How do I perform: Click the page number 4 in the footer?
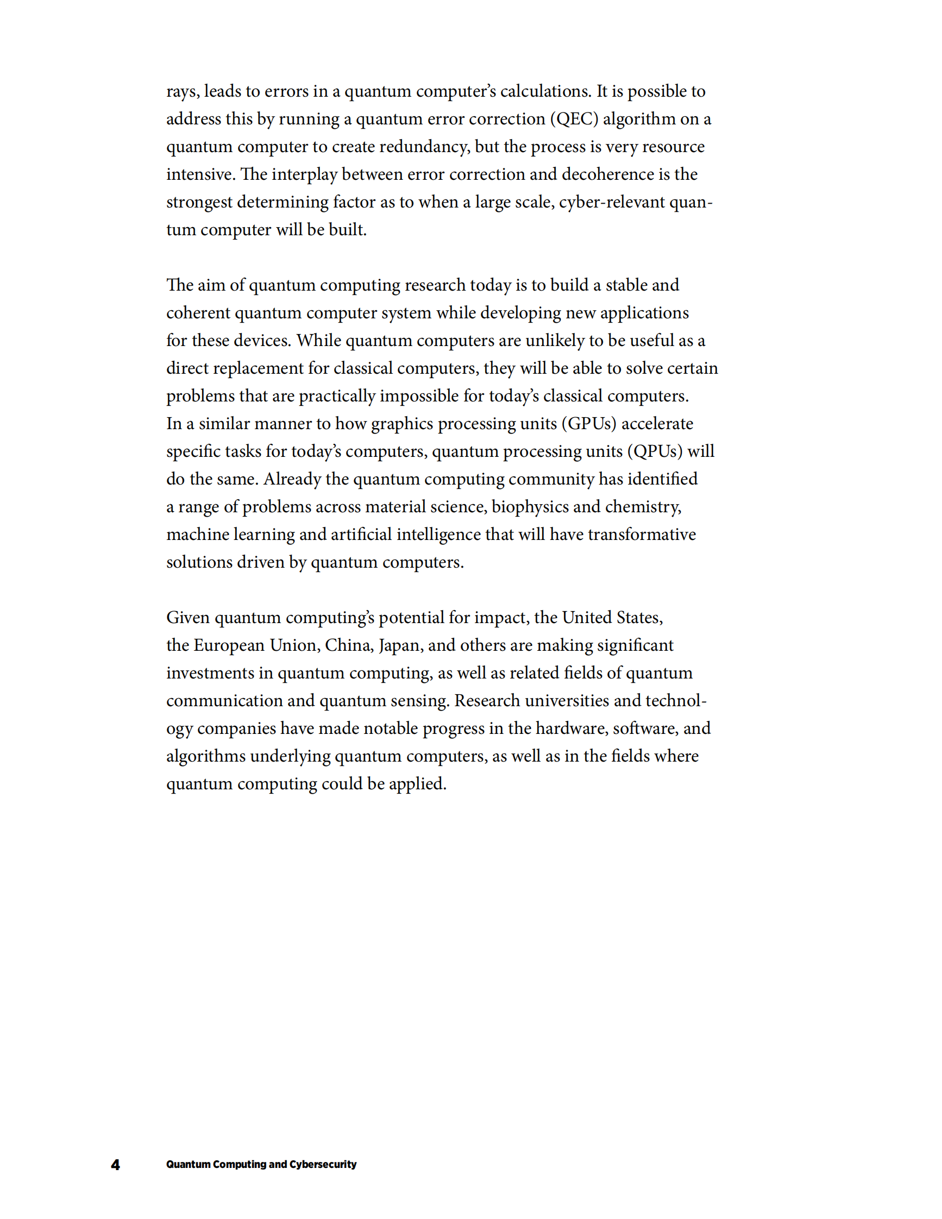116,1164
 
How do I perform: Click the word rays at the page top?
182,92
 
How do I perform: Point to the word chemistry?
642,507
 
